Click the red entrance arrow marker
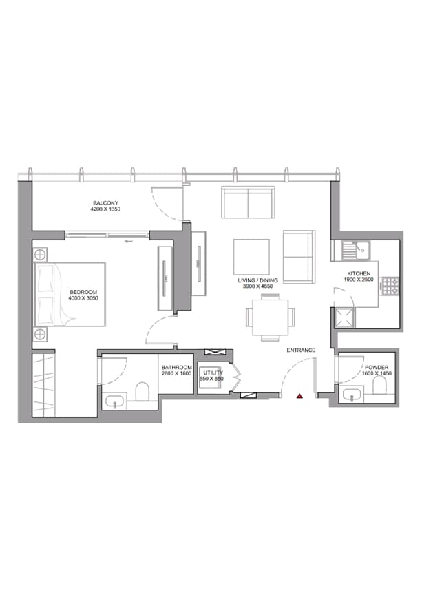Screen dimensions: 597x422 [x=299, y=396]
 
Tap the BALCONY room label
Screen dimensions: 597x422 [x=106, y=202]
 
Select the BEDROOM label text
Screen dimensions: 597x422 [x=83, y=292]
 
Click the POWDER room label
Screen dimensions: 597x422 [x=377, y=368]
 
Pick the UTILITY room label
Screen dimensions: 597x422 [x=213, y=373]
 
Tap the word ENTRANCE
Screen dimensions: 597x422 [x=302, y=350]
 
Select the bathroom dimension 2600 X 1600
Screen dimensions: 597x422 [x=176, y=373]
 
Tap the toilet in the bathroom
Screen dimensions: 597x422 [x=143, y=392]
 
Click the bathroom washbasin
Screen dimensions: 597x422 [x=113, y=400]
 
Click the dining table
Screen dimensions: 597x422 [x=269, y=317]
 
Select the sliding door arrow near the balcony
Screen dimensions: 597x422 [x=127, y=241]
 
